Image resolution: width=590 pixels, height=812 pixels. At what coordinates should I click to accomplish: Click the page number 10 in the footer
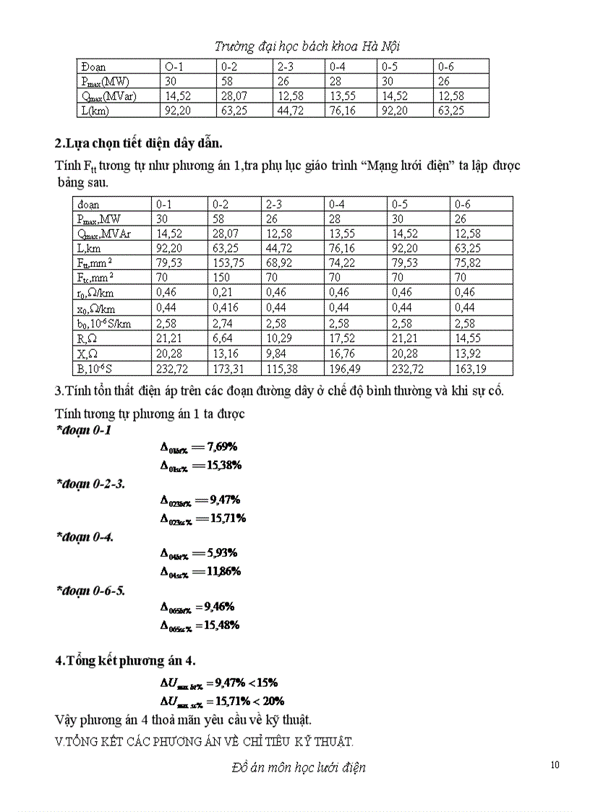555,766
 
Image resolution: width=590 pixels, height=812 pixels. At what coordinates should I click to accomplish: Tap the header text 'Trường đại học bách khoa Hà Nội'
307,46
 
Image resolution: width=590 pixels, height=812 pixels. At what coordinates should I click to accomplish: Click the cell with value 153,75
228,263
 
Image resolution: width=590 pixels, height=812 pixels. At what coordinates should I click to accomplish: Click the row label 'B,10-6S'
101,369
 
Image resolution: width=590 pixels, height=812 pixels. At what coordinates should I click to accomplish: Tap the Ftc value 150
221,278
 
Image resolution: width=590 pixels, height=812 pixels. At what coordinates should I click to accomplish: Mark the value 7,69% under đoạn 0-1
222,446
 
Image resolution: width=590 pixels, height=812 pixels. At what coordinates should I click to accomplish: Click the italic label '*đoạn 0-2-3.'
90,484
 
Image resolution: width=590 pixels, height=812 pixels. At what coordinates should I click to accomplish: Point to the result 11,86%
222,571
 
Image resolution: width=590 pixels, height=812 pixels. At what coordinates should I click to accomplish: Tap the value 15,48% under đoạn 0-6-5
222,625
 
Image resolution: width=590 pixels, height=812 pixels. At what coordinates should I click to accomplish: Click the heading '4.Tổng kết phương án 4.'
125,661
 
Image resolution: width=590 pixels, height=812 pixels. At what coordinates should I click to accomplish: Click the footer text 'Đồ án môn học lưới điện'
294,767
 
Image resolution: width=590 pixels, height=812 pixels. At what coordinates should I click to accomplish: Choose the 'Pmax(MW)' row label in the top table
105,82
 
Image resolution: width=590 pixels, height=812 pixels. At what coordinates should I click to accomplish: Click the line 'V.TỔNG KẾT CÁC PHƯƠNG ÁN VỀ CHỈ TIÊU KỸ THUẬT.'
204,741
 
